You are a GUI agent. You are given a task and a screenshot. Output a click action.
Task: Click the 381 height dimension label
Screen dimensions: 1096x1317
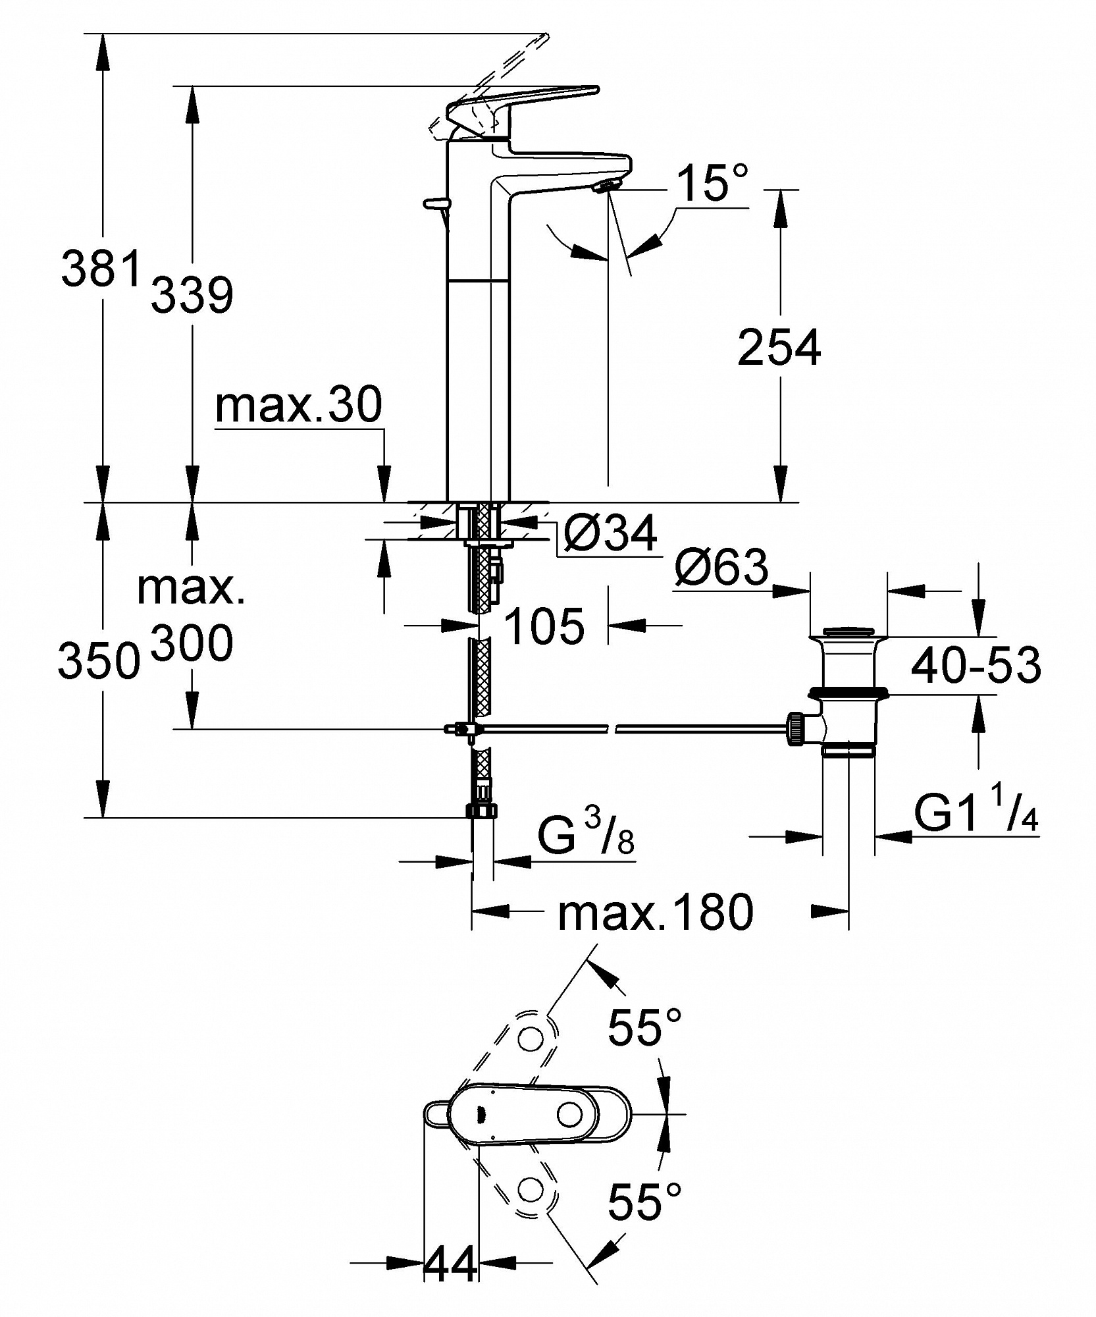tap(102, 268)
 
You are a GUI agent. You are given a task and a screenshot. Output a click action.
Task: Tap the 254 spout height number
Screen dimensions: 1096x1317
tap(779, 347)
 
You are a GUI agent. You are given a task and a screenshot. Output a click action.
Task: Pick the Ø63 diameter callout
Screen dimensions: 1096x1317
tap(721, 566)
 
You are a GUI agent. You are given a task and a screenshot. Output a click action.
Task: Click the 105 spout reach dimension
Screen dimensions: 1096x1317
tap(544, 626)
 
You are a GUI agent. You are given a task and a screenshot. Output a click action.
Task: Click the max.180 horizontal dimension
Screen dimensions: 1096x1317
tap(655, 912)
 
